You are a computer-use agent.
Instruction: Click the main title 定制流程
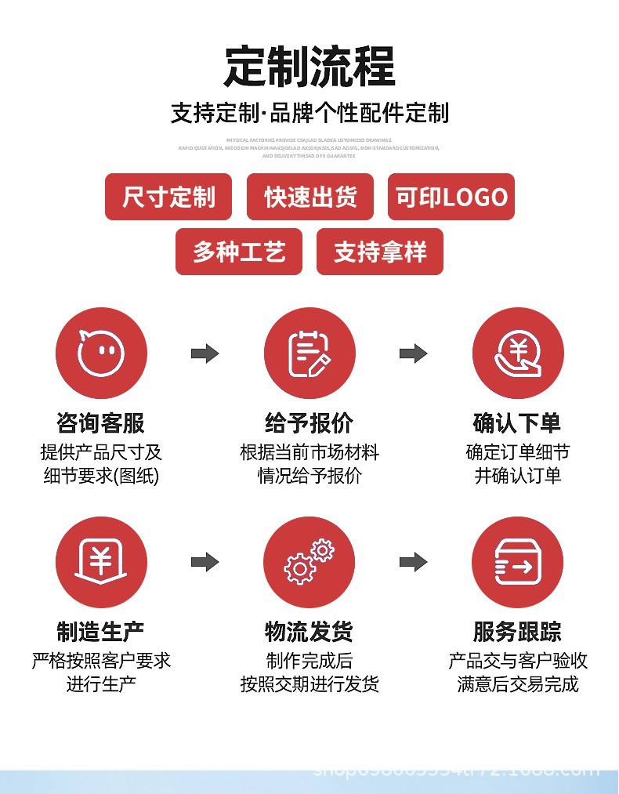pos(309,67)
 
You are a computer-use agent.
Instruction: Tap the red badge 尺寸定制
pos(168,197)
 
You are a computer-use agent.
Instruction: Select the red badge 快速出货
pos(309,197)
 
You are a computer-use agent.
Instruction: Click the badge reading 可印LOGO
pos(451,197)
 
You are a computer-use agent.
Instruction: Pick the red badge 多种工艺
pos(239,252)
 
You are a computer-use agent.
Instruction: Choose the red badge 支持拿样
pos(380,252)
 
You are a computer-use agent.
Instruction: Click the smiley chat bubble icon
pos(101,353)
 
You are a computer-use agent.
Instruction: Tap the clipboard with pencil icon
pos(309,353)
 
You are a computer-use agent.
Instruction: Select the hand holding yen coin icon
pos(518,353)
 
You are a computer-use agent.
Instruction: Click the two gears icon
pos(309,562)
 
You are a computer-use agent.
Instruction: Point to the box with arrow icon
pos(518,562)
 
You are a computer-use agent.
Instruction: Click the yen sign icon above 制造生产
pos(101,562)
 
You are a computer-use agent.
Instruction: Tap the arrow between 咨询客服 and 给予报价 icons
pos(205,353)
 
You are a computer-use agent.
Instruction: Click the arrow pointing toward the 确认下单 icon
pos(414,353)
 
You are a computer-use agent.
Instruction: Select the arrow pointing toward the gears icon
pos(205,562)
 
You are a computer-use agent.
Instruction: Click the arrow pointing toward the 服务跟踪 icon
pos(414,562)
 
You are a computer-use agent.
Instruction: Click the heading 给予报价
pos(309,423)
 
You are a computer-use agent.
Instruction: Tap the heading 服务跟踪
pos(518,632)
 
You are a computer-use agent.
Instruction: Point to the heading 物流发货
pos(309,632)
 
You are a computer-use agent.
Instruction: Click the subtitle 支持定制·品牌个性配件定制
pos(309,113)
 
